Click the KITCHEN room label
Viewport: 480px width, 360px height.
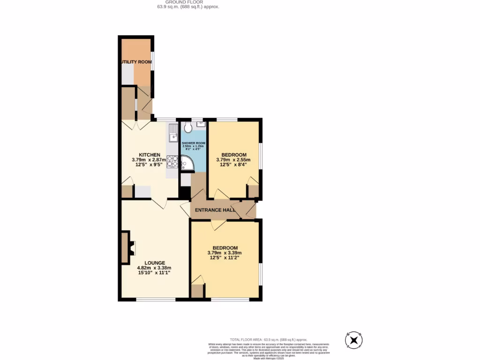point(150,155)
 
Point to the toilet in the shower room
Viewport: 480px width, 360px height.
point(188,127)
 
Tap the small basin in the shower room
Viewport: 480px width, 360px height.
point(201,124)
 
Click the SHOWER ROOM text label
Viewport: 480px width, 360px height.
point(194,143)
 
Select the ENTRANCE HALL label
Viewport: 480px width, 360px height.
point(215,210)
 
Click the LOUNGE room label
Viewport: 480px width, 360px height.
point(154,263)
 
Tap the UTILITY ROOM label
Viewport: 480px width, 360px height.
point(136,62)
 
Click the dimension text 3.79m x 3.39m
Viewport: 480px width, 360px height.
point(225,253)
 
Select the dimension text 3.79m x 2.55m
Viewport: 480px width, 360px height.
point(233,160)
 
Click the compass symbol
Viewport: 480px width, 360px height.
point(354,339)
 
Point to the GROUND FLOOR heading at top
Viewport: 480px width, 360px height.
point(187,2)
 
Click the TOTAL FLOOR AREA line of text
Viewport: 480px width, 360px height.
point(268,339)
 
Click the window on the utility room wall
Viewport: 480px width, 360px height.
point(152,60)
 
